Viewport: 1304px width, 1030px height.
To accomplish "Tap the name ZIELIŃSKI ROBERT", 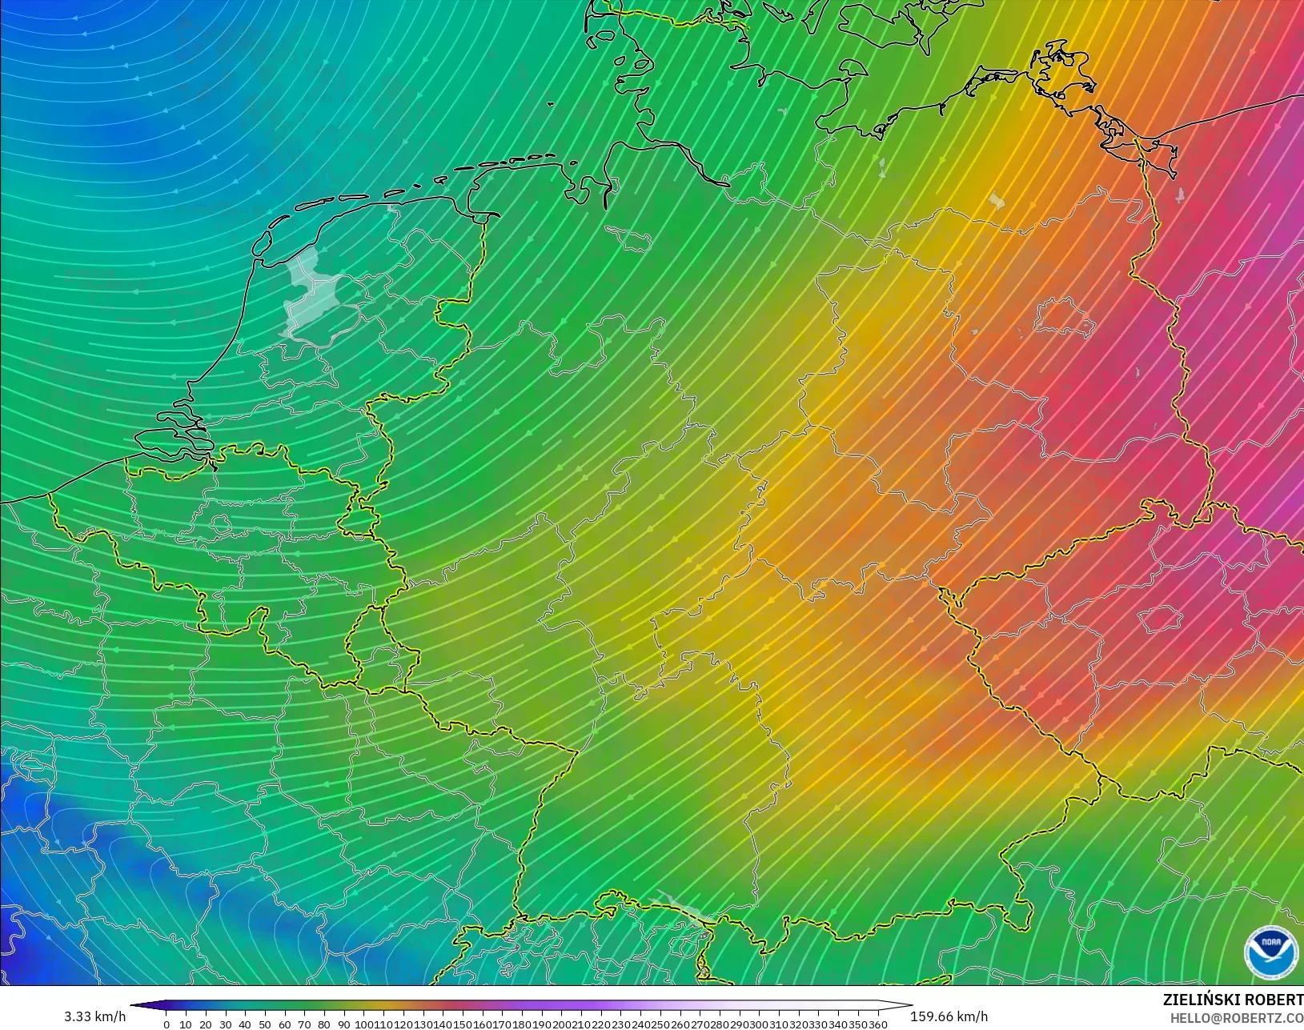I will [x=1233, y=1000].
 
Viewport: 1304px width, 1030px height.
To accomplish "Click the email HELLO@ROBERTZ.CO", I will [x=1237, y=1018].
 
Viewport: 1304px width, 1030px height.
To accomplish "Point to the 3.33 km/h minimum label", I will [x=94, y=1016].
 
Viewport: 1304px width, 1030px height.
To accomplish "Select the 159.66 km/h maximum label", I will [x=949, y=1016].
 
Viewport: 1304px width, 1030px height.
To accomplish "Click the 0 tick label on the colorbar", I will [x=167, y=1024].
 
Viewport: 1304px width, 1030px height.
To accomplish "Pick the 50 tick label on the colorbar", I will [x=265, y=1024].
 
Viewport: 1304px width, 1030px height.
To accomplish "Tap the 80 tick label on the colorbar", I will [x=324, y=1024].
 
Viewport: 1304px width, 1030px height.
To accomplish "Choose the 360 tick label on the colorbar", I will [x=878, y=1024].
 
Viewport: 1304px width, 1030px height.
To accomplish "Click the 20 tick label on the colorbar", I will [x=206, y=1024].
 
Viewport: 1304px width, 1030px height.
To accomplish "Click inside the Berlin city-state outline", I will [x=1065, y=319].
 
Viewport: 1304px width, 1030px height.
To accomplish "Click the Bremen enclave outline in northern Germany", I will [x=628, y=238].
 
